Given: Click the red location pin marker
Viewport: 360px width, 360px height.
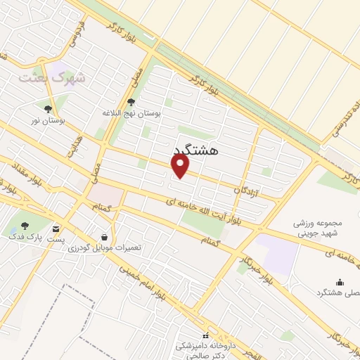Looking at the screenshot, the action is pyautogui.click(x=181, y=166).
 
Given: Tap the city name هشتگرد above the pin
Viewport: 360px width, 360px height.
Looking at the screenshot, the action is pyautogui.click(x=195, y=150).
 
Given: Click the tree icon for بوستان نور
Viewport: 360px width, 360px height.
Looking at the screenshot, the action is pyautogui.click(x=47, y=109).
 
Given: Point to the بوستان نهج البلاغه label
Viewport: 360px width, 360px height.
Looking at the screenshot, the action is pyautogui.click(x=131, y=112).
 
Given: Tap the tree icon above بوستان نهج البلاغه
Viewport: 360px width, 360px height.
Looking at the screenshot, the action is pyautogui.click(x=131, y=102).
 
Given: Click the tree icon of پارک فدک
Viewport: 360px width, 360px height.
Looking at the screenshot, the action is pyautogui.click(x=25, y=226).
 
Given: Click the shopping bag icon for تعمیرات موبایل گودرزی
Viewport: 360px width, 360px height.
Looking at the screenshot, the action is pyautogui.click(x=105, y=237).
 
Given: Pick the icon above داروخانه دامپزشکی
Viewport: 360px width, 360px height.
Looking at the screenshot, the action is pyautogui.click(x=205, y=335).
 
